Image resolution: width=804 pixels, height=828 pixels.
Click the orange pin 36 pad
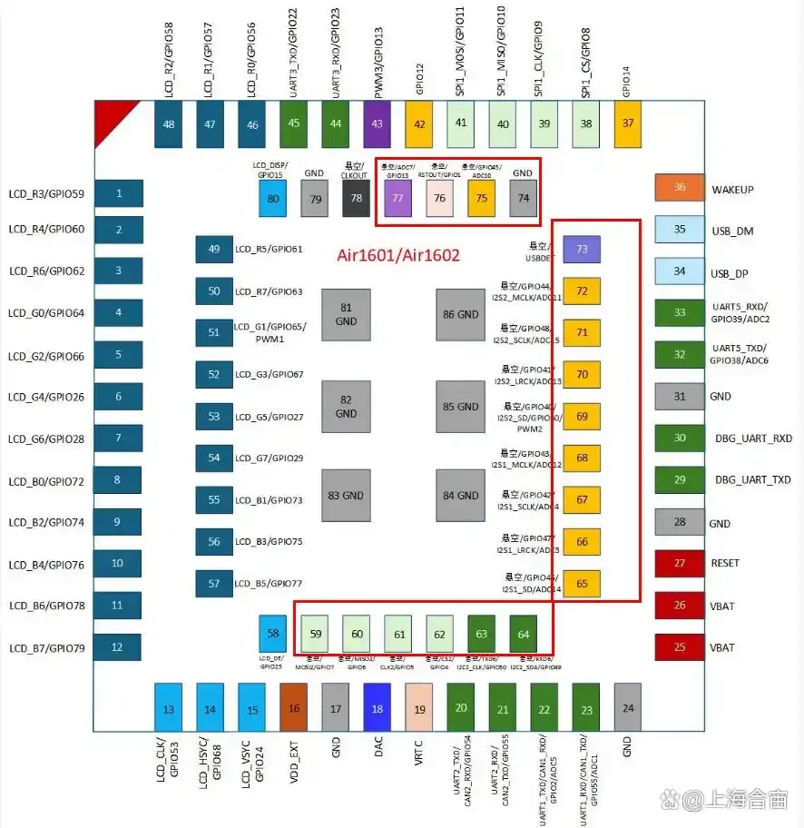pyautogui.click(x=680, y=188)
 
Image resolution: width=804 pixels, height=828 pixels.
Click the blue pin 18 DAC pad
pyautogui.click(x=377, y=708)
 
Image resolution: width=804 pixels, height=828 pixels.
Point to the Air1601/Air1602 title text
pyautogui.click(x=399, y=256)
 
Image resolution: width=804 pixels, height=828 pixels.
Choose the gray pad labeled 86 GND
pyautogui.click(x=460, y=314)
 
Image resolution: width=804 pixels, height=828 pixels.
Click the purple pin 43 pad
pyautogui.click(x=377, y=123)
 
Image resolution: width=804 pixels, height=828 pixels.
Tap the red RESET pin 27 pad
pyautogui.click(x=680, y=563)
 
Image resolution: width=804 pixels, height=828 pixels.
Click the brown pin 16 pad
pyautogui.click(x=294, y=708)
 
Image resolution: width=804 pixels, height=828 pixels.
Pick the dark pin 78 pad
pyautogui.click(x=357, y=198)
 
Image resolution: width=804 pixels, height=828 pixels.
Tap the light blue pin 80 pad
pyautogui.click(x=273, y=198)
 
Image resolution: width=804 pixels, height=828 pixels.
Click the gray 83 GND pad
pyautogui.click(x=346, y=496)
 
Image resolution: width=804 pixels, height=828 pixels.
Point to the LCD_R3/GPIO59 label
pyautogui.click(x=46, y=193)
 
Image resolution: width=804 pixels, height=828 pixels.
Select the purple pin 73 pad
pyautogui.click(x=582, y=249)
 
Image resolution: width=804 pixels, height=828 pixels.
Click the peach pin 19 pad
pyautogui.click(x=419, y=708)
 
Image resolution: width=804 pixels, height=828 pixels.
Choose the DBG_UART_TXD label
pyautogui.click(x=753, y=479)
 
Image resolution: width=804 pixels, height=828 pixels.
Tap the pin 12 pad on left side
pyautogui.click(x=117, y=647)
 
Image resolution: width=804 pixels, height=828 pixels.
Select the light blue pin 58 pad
pyautogui.click(x=273, y=632)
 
